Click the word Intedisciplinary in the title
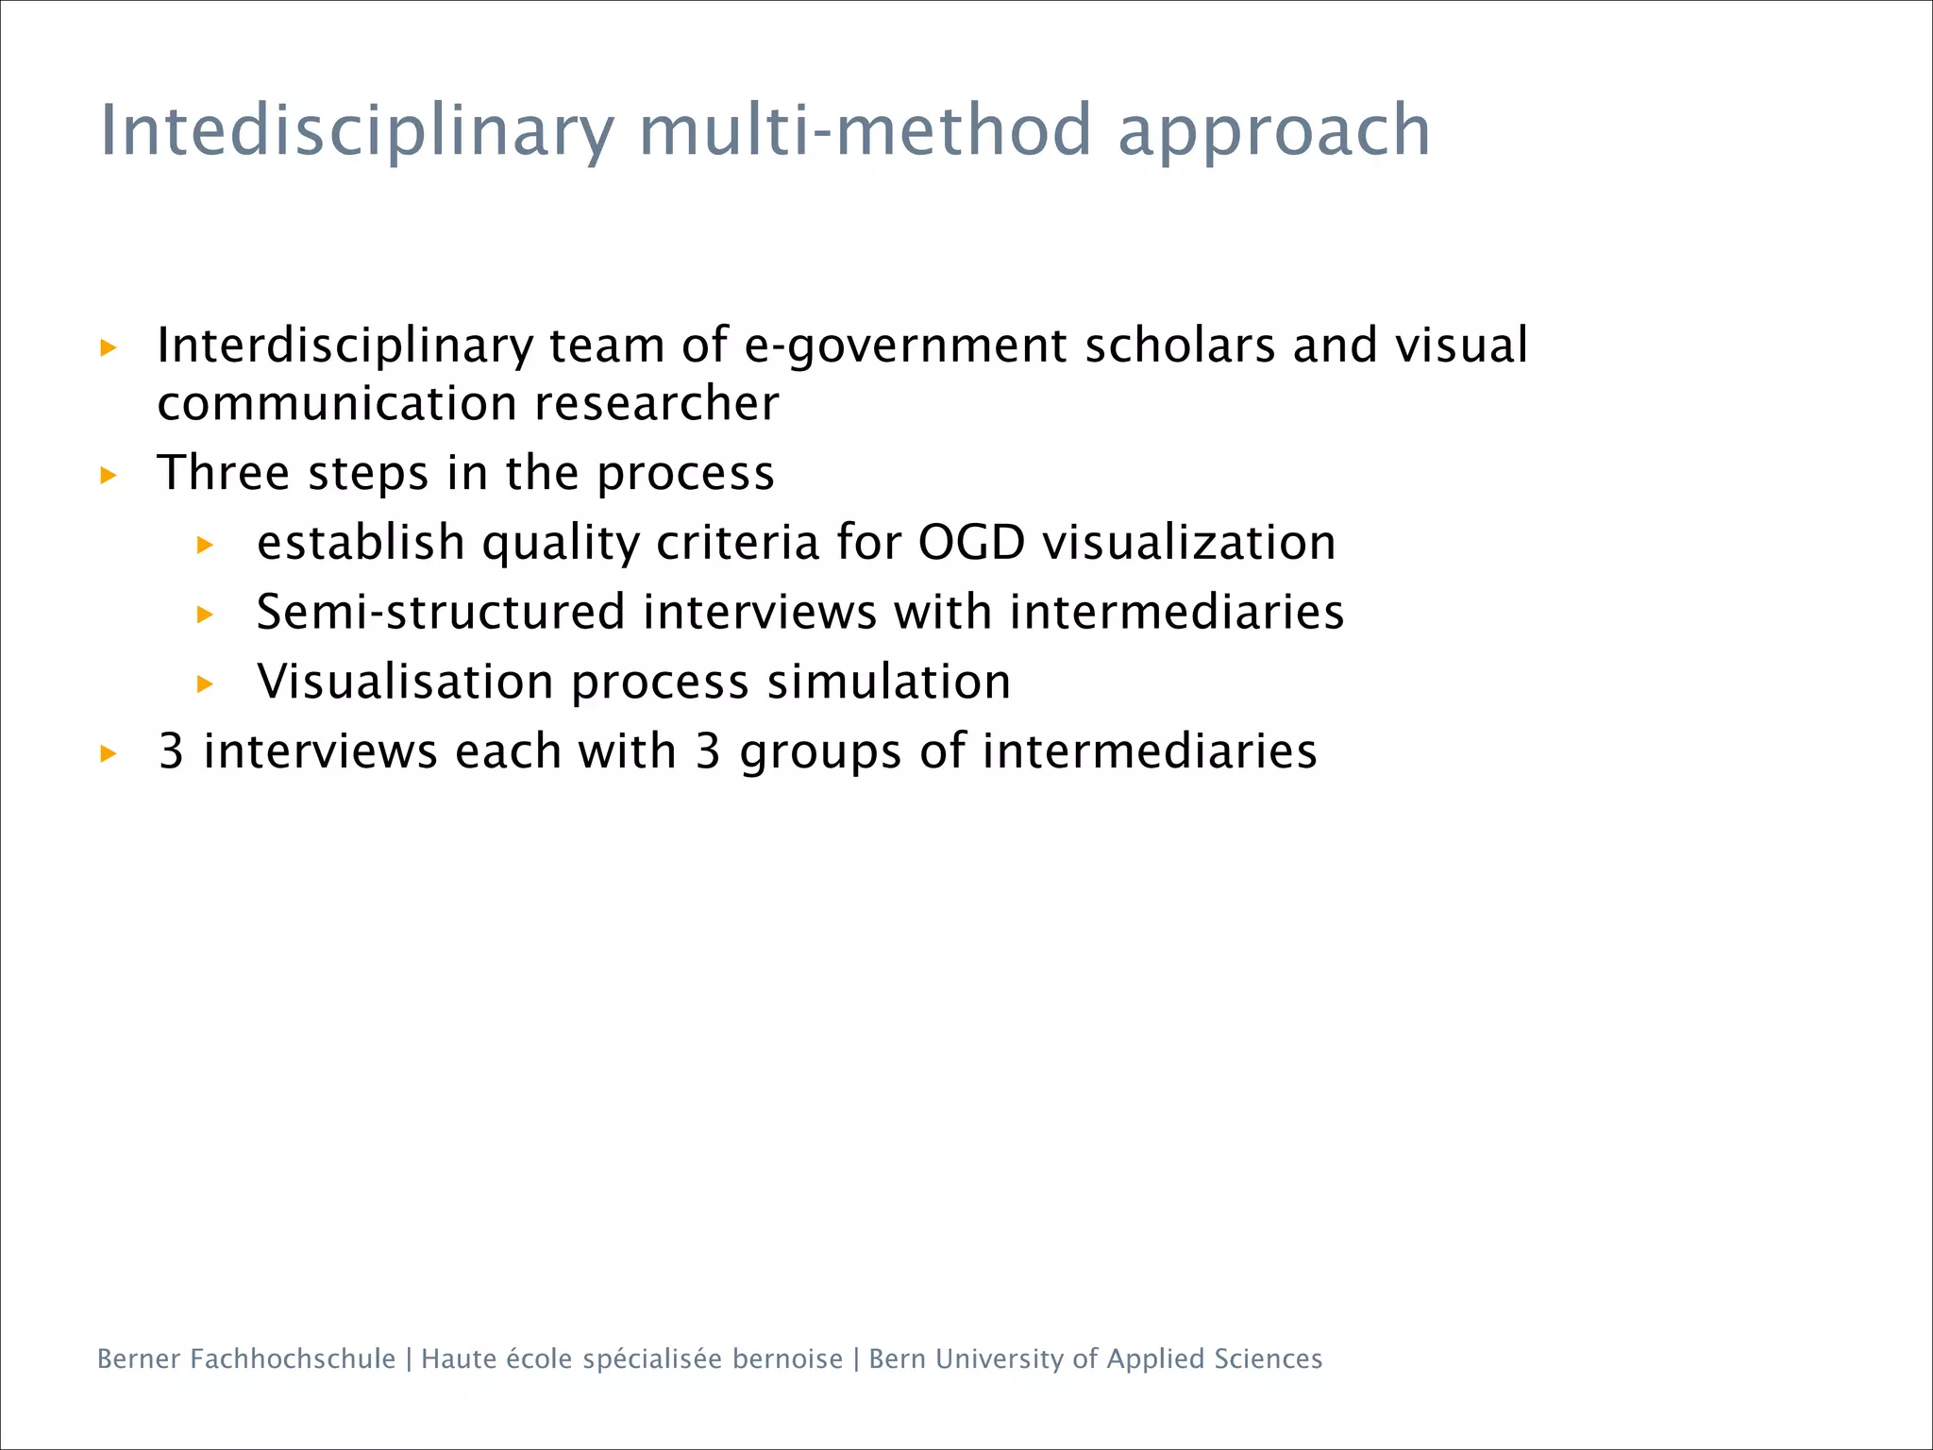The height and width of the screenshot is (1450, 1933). click(x=357, y=130)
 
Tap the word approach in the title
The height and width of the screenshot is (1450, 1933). click(x=1274, y=132)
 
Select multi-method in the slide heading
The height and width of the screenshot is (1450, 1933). click(x=865, y=130)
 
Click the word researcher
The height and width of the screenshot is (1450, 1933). click(x=656, y=404)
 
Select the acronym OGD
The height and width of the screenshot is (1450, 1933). click(x=971, y=543)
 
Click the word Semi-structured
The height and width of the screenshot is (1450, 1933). click(x=441, y=612)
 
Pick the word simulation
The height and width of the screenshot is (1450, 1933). click(x=888, y=682)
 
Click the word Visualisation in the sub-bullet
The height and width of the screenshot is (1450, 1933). click(x=405, y=682)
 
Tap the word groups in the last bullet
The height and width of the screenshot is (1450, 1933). click(x=820, y=752)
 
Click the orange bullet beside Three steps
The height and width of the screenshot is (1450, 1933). click(x=109, y=475)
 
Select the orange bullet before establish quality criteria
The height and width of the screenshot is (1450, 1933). click(x=205, y=545)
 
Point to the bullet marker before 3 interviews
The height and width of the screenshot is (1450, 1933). click(x=109, y=753)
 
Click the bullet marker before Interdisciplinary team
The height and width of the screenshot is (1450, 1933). click(x=109, y=347)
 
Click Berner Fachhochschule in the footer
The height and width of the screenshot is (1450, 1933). click(x=246, y=1358)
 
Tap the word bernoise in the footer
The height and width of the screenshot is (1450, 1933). click(x=787, y=1358)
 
